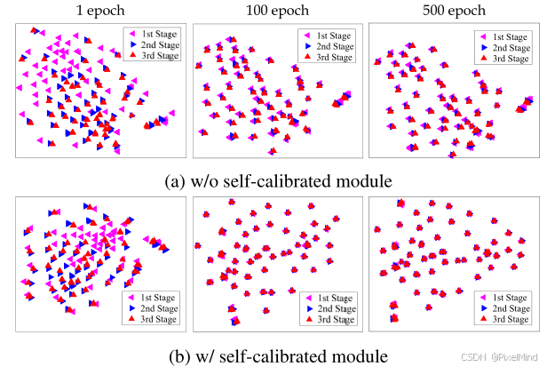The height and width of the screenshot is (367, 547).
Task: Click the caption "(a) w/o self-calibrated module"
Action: coord(278,181)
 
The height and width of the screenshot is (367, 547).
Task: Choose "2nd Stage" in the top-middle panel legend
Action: coord(334,44)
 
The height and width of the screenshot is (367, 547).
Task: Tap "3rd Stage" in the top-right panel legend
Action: coord(510,58)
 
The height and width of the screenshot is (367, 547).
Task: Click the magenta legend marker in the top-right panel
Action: coord(481,33)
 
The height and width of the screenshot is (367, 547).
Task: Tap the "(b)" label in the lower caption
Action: coord(178,356)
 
